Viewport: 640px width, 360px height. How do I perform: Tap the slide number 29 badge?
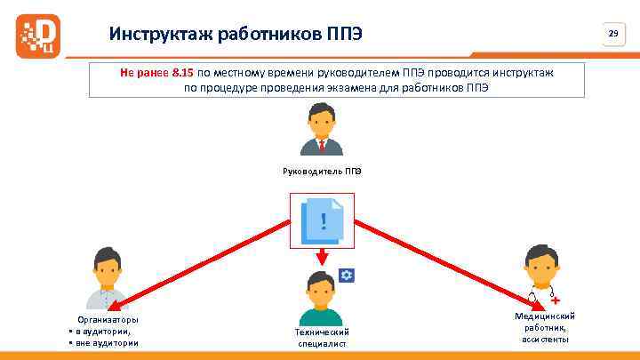[612, 34]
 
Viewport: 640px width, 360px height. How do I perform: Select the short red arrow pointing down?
[321, 257]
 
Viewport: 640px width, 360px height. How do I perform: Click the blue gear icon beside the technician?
[347, 275]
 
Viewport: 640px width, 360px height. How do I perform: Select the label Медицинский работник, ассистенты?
[545, 327]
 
